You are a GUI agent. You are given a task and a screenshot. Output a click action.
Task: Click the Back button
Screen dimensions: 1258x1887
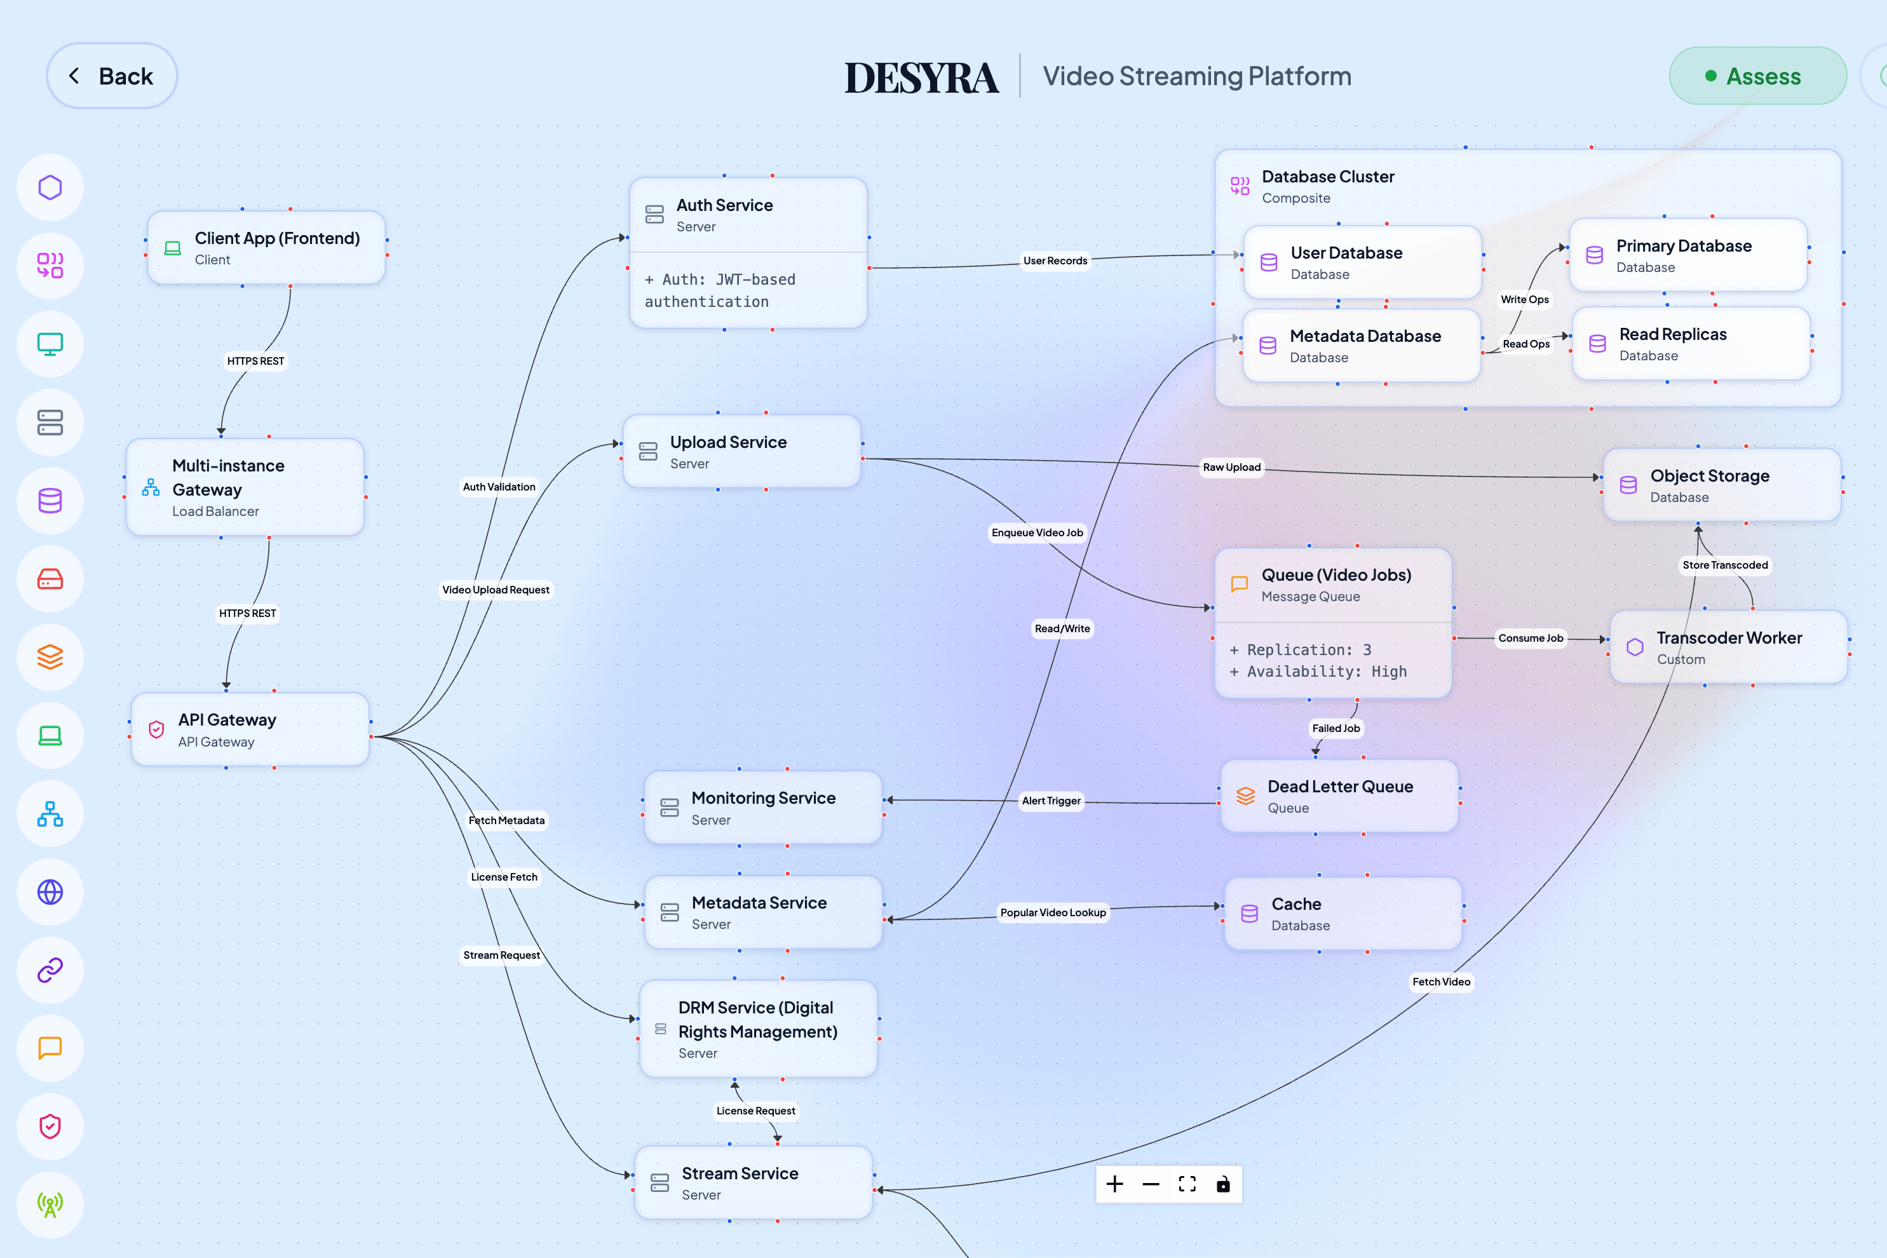click(112, 76)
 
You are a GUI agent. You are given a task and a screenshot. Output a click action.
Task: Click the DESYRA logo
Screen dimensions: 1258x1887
click(921, 78)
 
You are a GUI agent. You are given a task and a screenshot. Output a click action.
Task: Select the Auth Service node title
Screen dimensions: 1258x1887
click(724, 205)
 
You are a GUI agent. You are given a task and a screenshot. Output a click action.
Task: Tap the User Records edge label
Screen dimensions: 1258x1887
click(1054, 260)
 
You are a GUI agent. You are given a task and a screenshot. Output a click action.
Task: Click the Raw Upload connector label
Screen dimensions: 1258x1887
click(1231, 467)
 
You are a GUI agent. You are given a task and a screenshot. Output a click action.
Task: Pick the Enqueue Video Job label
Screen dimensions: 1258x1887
click(1036, 532)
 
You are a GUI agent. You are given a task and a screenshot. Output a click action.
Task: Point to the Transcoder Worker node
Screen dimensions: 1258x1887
click(1728, 647)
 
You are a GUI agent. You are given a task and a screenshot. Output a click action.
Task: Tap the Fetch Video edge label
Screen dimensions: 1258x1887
click(1441, 981)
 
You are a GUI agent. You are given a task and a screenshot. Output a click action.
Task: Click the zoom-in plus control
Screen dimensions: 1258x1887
click(1114, 1184)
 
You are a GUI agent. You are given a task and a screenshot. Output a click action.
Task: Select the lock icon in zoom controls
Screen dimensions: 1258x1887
click(1222, 1184)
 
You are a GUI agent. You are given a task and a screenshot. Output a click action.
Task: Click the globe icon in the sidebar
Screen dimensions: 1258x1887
click(50, 892)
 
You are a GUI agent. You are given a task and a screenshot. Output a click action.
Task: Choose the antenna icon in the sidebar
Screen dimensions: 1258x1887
click(50, 1204)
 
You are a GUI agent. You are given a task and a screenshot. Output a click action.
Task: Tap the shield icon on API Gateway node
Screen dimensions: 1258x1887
click(156, 729)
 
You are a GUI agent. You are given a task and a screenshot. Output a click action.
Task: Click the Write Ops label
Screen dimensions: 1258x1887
click(1524, 299)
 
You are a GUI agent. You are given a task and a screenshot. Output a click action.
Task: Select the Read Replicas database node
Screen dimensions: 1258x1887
click(1691, 343)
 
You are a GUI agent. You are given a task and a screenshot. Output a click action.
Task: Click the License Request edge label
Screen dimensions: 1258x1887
click(755, 1111)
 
